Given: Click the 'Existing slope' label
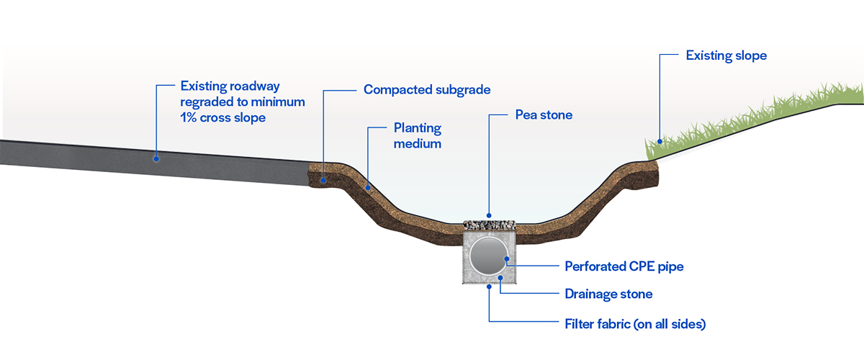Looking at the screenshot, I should [726, 55].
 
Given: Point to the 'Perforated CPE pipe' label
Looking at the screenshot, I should [624, 266].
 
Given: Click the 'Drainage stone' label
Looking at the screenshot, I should [608, 294].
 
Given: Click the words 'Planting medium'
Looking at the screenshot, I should [417, 136].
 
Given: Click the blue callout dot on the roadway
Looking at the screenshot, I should [156, 156].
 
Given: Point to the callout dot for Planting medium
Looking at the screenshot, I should [368, 188].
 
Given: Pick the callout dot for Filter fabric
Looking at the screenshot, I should [488, 286].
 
